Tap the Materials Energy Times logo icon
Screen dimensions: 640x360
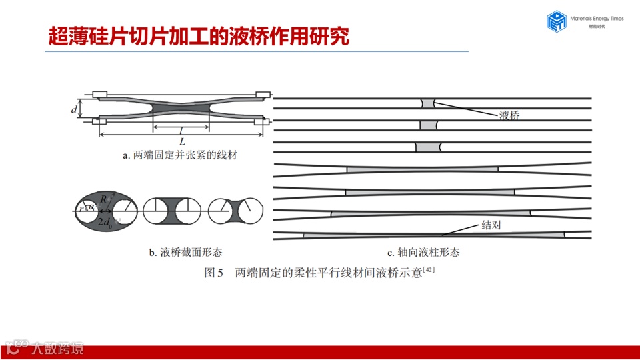pyautogui.click(x=556, y=21)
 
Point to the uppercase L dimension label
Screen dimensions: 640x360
pyautogui.click(x=181, y=141)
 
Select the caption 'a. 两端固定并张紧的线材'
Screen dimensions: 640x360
pyautogui.click(x=180, y=156)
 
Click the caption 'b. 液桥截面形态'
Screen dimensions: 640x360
pyautogui.click(x=185, y=253)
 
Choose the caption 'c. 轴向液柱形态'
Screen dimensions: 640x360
pyautogui.click(x=423, y=253)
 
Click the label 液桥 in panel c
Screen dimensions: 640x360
pyautogui.click(x=509, y=115)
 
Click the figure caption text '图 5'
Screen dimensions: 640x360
pyautogui.click(x=213, y=273)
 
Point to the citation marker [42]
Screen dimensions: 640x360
pyautogui.click(x=428, y=270)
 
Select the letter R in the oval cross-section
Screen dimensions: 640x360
pyautogui.click(x=105, y=199)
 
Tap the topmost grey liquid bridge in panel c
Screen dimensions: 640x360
pyautogui.click(x=427, y=104)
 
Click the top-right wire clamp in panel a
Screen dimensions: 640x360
pyautogui.click(x=264, y=93)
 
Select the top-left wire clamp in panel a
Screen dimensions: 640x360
pyautogui.click(x=99, y=93)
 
